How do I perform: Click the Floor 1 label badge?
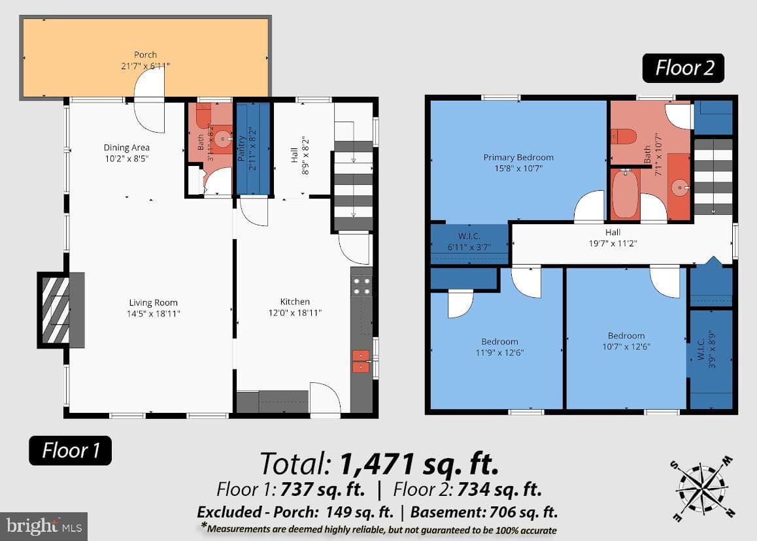70,450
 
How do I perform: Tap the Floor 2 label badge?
683,68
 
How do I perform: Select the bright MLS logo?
44,526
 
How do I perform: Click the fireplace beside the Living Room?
61,310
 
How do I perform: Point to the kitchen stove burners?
361,286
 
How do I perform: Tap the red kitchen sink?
361,361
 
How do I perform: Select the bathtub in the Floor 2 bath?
625,194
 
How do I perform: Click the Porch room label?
145,54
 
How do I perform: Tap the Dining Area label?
126,148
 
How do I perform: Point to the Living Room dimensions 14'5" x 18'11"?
153,314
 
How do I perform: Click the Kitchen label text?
295,302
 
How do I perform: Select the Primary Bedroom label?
518,157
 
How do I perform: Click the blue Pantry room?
252,148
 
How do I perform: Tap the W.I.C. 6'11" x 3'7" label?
469,241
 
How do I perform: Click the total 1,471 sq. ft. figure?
419,464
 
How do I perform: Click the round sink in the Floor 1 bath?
222,139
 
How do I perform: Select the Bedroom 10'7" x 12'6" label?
626,340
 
